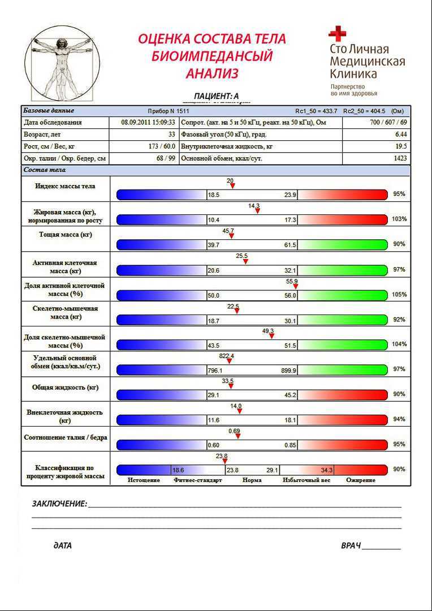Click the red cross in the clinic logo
[x=338, y=33]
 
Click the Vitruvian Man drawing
[x=62, y=62]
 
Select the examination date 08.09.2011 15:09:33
[x=148, y=122]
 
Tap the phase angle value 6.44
[x=401, y=135]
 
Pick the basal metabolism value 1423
[x=400, y=159]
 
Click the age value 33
[x=171, y=135]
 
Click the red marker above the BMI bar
[x=232, y=186]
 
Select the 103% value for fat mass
[x=399, y=219]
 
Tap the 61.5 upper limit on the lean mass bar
[x=290, y=244]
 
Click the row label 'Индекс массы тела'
[x=65, y=186]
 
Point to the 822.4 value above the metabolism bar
[x=226, y=356]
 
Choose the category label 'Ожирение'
[x=361, y=480]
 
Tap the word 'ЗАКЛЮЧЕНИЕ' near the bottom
[x=59, y=504]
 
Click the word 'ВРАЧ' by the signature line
[x=351, y=546]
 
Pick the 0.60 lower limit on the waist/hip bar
[x=213, y=445]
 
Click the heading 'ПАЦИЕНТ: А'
[x=217, y=96]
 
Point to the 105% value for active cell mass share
[x=399, y=295]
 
